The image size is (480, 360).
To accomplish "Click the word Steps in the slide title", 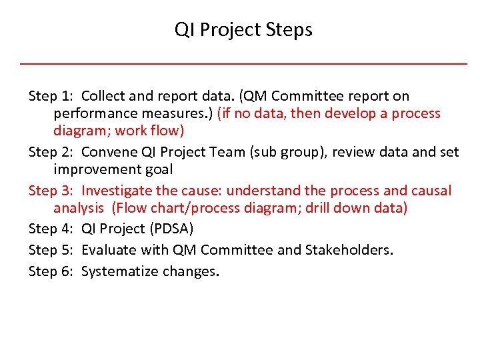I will coord(289,30).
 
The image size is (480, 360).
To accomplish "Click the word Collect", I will coord(105,97).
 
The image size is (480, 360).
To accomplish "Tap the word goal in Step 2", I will coord(157,170).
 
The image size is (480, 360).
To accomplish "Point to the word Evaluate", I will coord(109,250).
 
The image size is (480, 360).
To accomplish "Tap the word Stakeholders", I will coord(348,250).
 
